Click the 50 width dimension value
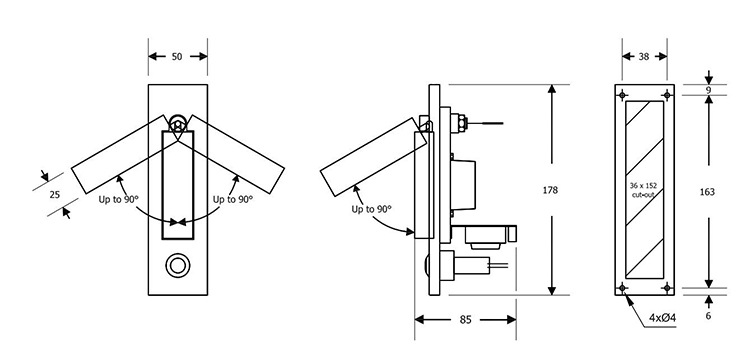coord(177,56)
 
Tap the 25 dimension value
coord(55,195)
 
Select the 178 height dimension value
coord(550,190)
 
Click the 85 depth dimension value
coord(465,320)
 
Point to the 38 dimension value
coord(644,56)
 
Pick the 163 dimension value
coord(707,192)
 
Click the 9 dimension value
coord(708,90)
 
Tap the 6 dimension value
coord(708,316)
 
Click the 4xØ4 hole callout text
coord(662,317)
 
